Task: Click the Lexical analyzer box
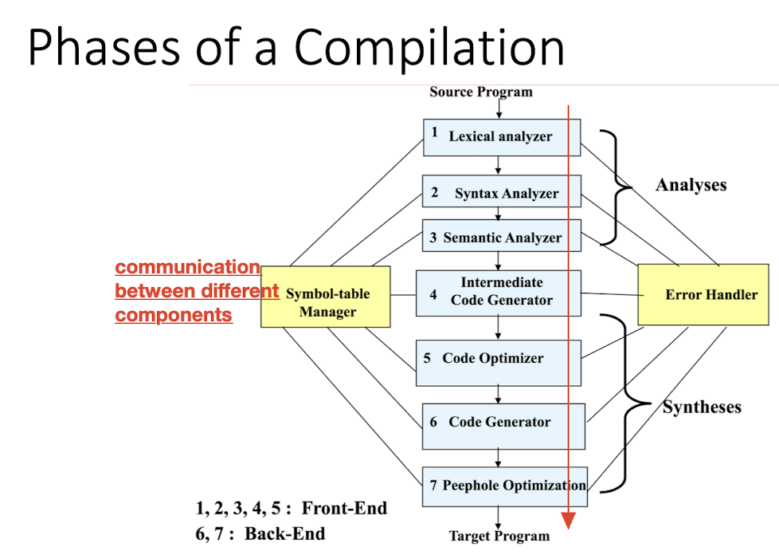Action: (x=500, y=137)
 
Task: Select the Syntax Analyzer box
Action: (x=500, y=193)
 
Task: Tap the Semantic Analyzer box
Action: (x=500, y=237)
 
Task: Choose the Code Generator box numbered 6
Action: (x=503, y=423)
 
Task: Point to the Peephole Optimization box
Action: (x=504, y=486)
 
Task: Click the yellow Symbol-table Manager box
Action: (x=326, y=296)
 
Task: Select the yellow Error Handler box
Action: (x=703, y=294)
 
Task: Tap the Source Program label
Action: (x=481, y=92)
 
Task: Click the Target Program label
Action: (x=499, y=536)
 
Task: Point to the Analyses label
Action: (x=691, y=185)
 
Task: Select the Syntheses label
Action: (x=702, y=407)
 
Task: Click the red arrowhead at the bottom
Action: (x=568, y=520)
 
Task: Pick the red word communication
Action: (x=188, y=267)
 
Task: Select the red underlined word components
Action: (x=174, y=315)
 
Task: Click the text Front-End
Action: (x=344, y=509)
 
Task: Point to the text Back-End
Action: (x=285, y=533)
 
